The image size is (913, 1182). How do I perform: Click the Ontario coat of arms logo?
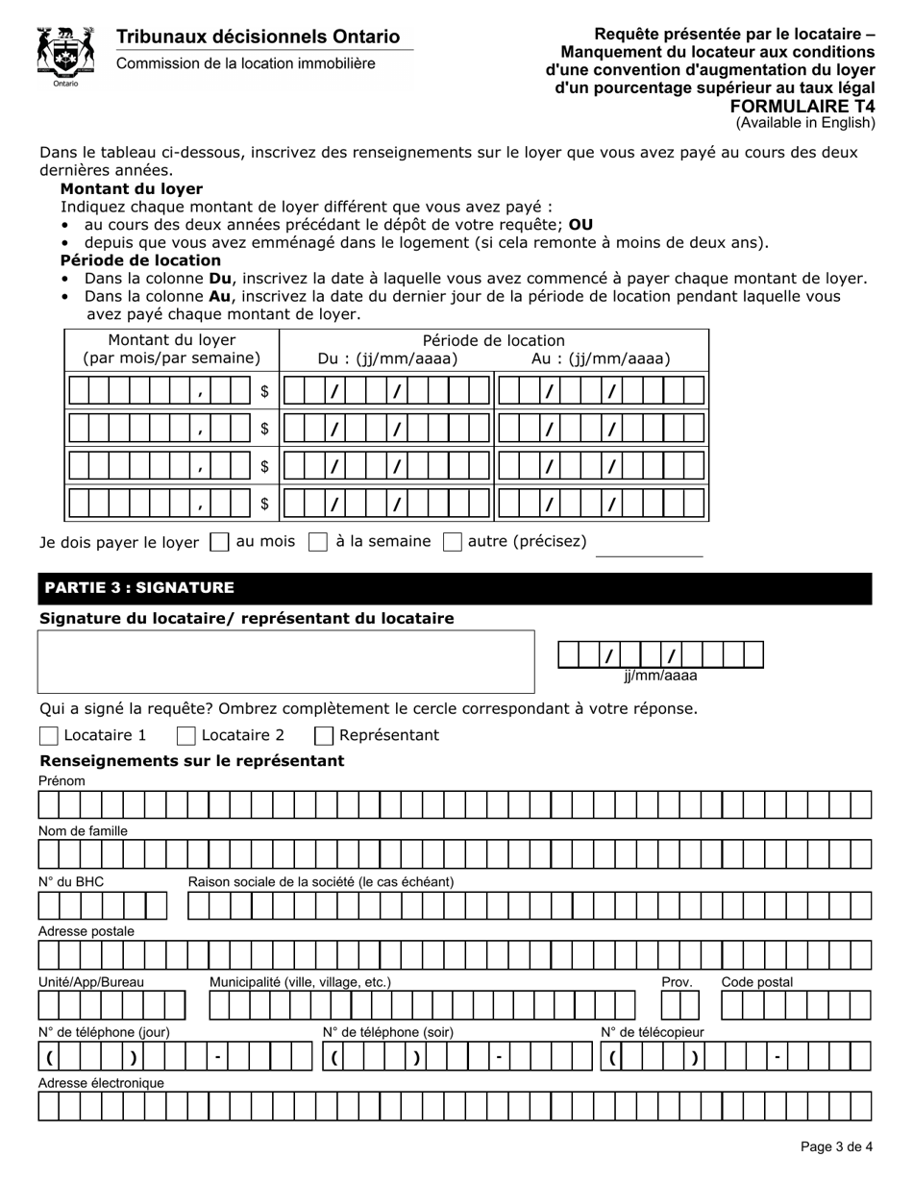point(65,56)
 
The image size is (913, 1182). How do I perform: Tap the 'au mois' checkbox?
point(219,542)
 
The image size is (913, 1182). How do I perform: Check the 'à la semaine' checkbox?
point(318,542)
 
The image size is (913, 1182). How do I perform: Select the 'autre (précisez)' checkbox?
point(453,542)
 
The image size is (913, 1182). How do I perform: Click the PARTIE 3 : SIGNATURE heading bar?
point(455,588)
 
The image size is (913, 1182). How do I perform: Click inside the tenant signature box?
point(285,661)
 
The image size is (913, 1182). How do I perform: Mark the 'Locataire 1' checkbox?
point(49,736)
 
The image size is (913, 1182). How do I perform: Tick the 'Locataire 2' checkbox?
point(186,736)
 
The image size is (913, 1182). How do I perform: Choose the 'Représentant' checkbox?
point(325,736)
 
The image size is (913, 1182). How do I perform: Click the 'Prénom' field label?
point(62,781)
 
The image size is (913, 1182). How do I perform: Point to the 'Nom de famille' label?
point(83,830)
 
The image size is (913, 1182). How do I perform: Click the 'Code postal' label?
point(756,982)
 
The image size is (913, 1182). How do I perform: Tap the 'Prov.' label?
point(677,982)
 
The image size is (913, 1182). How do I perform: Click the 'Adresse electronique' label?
point(101,1083)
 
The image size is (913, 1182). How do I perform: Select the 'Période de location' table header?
point(493,340)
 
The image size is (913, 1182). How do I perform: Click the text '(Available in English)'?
point(805,123)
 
